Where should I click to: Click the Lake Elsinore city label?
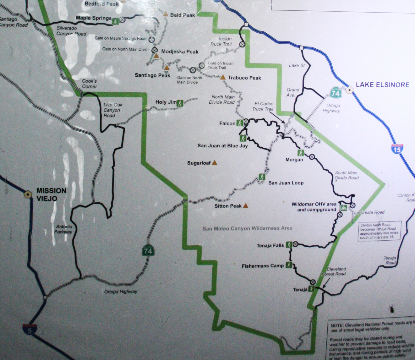(382, 85)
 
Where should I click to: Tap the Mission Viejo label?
(51, 194)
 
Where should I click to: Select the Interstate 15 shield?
(397, 149)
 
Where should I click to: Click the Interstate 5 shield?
(30, 330)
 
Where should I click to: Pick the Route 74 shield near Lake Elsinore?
(336, 93)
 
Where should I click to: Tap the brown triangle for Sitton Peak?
(246, 206)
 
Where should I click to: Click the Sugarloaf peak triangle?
(215, 163)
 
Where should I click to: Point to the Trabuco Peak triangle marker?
(223, 77)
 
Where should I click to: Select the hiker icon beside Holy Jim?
(180, 103)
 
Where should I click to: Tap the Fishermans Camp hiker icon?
(289, 265)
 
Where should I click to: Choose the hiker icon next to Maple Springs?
(115, 21)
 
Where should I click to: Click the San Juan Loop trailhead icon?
(262, 177)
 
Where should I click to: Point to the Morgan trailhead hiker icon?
(301, 153)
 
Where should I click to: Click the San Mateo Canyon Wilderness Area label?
(247, 228)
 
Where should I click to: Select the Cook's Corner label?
(90, 84)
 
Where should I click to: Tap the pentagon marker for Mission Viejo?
(28, 194)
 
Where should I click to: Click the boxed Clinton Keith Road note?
(380, 231)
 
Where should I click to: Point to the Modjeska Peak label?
(180, 52)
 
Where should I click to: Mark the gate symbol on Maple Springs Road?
(151, 40)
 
